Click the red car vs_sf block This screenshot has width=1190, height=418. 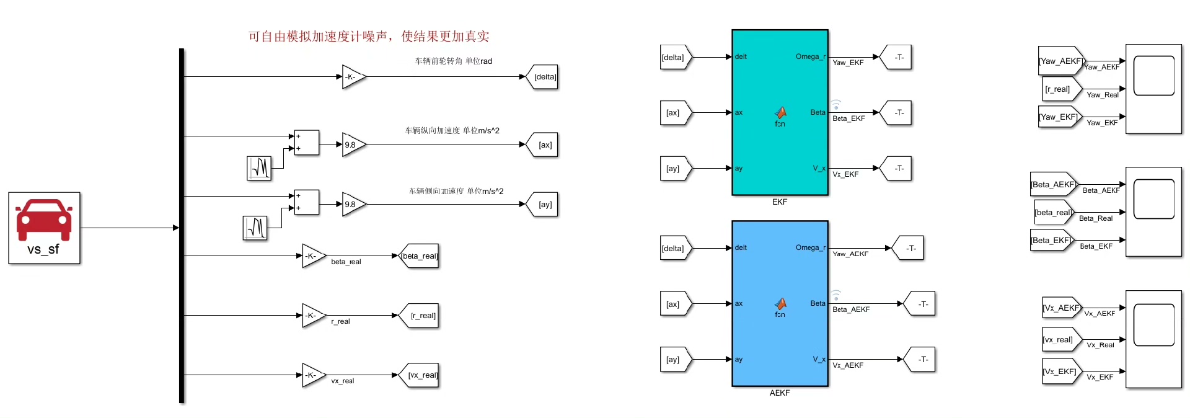tap(44, 228)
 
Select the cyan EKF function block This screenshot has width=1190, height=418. tap(780, 112)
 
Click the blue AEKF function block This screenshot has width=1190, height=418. tap(780, 303)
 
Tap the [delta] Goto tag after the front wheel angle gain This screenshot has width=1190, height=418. tap(543, 77)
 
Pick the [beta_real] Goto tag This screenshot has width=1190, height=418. tap(420, 256)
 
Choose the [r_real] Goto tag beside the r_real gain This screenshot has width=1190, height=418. tap(420, 316)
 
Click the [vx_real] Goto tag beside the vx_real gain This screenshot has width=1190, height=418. tap(420, 375)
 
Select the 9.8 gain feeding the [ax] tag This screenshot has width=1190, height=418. tap(353, 145)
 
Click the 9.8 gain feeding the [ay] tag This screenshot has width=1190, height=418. tap(353, 204)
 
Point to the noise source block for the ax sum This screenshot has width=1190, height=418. tap(259, 167)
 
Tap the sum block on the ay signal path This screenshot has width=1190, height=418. tap(306, 202)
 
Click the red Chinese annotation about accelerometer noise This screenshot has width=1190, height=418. tap(368, 37)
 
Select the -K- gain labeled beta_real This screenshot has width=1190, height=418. tap(312, 256)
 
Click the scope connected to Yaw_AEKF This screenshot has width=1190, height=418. tap(1153, 89)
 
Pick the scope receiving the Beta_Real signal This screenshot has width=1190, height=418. tap(1153, 211)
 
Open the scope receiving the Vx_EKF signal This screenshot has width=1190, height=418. tap(1153, 339)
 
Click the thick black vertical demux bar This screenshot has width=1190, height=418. tap(182, 226)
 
